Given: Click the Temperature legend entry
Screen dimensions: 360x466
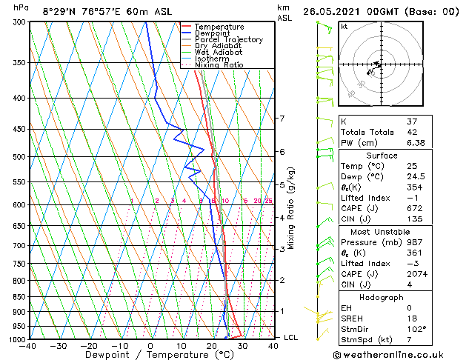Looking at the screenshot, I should pyautogui.click(x=219, y=27).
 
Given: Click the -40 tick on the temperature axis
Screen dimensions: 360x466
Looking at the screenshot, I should pyautogui.click(x=28, y=346).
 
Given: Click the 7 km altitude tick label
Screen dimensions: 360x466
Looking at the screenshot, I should pyautogui.click(x=282, y=119).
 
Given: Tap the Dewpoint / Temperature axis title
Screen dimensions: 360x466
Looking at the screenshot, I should pyautogui.click(x=150, y=355).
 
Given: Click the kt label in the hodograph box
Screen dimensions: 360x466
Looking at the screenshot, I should pyautogui.click(x=344, y=27).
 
